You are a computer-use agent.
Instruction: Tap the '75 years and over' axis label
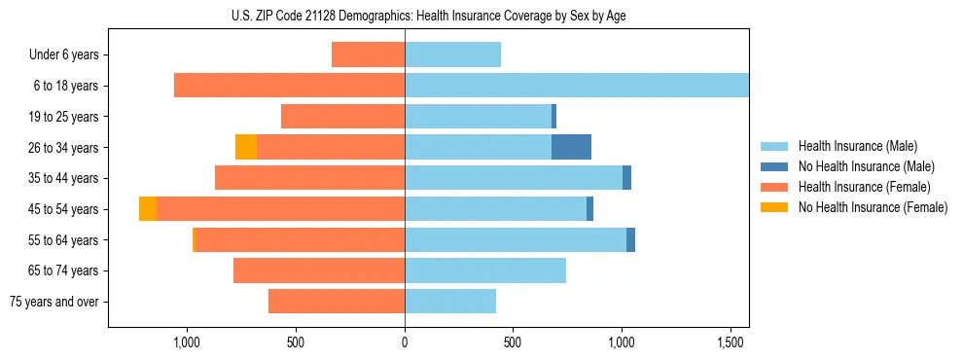[x=54, y=302]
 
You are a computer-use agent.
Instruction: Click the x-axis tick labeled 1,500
[x=731, y=342]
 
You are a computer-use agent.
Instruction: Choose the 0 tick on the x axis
[x=405, y=342]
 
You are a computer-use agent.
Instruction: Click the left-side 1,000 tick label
[x=187, y=342]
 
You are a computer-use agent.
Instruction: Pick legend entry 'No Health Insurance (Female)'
[x=873, y=207]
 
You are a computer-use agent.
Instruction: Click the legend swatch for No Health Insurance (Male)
[x=775, y=166]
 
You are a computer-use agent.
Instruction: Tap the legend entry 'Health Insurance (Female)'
[x=864, y=187]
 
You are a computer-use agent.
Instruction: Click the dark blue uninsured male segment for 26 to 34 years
[x=571, y=147]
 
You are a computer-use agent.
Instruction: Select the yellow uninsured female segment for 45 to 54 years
[x=148, y=209]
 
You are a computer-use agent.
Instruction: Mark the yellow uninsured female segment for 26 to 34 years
[x=246, y=147]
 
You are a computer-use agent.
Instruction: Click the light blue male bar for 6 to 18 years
[x=576, y=86]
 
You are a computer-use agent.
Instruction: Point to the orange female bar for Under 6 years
[x=368, y=54]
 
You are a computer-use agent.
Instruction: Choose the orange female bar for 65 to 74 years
[x=319, y=270]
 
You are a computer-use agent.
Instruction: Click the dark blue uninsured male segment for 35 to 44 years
[x=626, y=178]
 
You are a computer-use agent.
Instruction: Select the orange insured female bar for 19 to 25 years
[x=342, y=117]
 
